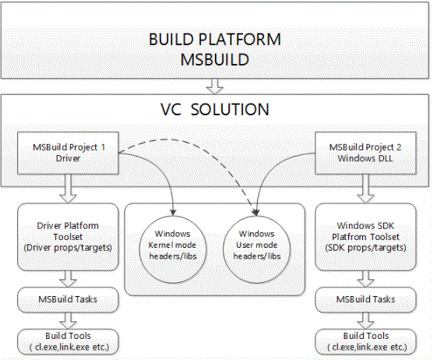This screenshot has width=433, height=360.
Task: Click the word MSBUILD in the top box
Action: pyautogui.click(x=215, y=59)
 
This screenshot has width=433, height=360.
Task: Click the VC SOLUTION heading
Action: pyautogui.click(x=215, y=109)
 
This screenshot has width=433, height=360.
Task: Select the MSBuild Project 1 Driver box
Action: pyautogui.click(x=68, y=153)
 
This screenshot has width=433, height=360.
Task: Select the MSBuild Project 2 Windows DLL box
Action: pyautogui.click(x=365, y=153)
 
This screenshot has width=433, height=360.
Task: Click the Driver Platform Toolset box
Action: pyautogui.click(x=68, y=237)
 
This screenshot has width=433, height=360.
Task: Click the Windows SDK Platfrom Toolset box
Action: pyautogui.click(x=365, y=237)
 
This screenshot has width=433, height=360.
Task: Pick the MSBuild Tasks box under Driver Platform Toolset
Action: pyautogui.click(x=68, y=300)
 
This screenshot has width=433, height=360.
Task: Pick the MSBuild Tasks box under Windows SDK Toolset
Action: pyautogui.click(x=365, y=300)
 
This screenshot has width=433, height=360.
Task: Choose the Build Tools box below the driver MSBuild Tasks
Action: pyautogui.click(x=68, y=342)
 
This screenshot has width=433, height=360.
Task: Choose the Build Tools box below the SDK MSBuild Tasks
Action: pyautogui.click(x=365, y=342)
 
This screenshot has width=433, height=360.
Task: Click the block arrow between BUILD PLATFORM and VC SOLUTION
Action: pyautogui.click(x=215, y=86)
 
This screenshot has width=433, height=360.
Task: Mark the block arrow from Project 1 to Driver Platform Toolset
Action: pyautogui.click(x=68, y=189)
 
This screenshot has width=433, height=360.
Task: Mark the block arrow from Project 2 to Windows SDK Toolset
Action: pyautogui.click(x=365, y=189)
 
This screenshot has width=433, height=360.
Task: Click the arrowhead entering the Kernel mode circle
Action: pyautogui.click(x=173, y=213)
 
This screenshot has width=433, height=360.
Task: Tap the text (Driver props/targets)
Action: pyautogui.click(x=68, y=248)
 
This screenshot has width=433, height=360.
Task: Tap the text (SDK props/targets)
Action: pyautogui.click(x=365, y=248)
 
